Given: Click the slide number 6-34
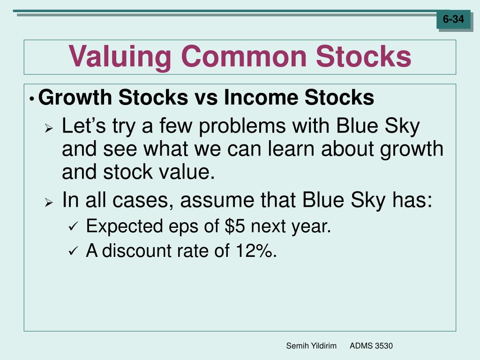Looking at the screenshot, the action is click(x=453, y=19).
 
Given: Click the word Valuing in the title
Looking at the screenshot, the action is click(x=120, y=57).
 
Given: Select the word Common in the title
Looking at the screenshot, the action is click(x=244, y=56).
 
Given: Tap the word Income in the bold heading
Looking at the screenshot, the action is click(x=261, y=97).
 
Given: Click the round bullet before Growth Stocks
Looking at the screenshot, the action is click(x=31, y=99).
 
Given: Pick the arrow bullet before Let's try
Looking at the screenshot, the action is click(x=49, y=128).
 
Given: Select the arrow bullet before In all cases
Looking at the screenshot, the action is click(x=49, y=202).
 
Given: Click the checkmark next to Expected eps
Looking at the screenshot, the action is click(x=74, y=227).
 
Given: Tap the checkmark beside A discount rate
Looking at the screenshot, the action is click(x=74, y=251).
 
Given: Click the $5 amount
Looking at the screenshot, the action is click(x=235, y=226).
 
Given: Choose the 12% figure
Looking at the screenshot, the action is click(x=256, y=251).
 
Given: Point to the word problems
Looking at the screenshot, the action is click(x=242, y=127).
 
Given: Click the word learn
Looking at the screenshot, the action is click(x=291, y=149).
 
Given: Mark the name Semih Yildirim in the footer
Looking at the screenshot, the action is click(x=311, y=346).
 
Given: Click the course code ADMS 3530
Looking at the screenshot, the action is click(x=371, y=346).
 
